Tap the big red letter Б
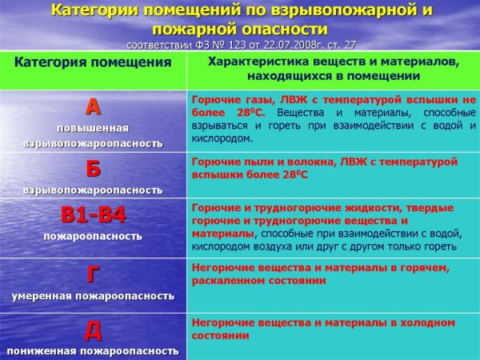pyautogui.click(x=93, y=170)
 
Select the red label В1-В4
pyautogui.click(x=94, y=215)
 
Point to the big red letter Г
pyautogui.click(x=93, y=274)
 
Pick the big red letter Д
pyautogui.click(x=93, y=330)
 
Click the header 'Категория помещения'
pyautogui.click(x=93, y=62)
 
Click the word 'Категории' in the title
pyautogui.click(x=100, y=10)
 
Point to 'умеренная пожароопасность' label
pyautogui.click(x=93, y=296)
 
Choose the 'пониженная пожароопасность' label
pyautogui.click(x=93, y=350)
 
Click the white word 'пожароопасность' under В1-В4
pyautogui.click(x=93, y=236)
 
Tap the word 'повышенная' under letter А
pyautogui.click(x=93, y=128)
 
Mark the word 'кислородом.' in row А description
pyautogui.click(x=222, y=138)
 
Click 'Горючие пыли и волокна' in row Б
pyautogui.click(x=256, y=161)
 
